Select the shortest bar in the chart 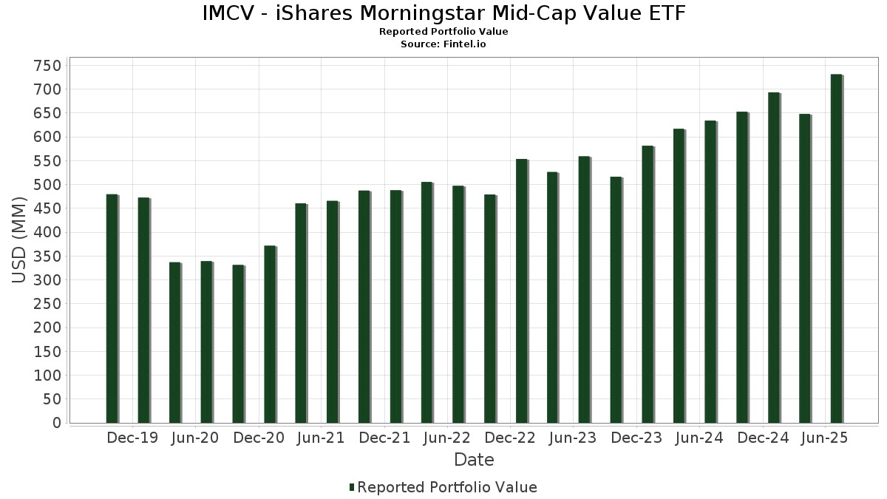pyautogui.click(x=237, y=344)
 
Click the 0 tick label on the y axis pyautogui.click(x=55, y=423)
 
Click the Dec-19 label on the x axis pyautogui.click(x=132, y=438)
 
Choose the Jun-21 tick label pyautogui.click(x=321, y=438)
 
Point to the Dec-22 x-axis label pyautogui.click(x=510, y=438)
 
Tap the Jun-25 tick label pyautogui.click(x=825, y=438)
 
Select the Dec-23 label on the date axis pyautogui.click(x=636, y=438)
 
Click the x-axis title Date pyautogui.click(x=474, y=460)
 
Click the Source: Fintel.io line pyautogui.click(x=443, y=44)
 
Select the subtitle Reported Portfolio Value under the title pyautogui.click(x=443, y=32)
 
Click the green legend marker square pyautogui.click(x=352, y=487)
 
